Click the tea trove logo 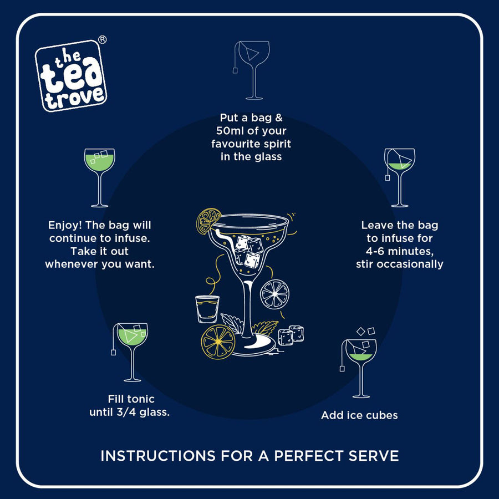[x=70, y=75]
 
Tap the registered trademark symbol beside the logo [x=102, y=39]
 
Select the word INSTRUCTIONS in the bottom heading [x=158, y=456]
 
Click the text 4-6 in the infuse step [x=375, y=251]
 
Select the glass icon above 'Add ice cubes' [x=359, y=363]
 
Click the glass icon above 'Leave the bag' [x=400, y=177]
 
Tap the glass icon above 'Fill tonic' [x=130, y=352]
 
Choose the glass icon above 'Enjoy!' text [x=100, y=177]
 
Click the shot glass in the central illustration [x=207, y=309]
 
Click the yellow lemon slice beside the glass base [x=218, y=342]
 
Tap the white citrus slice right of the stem [x=274, y=294]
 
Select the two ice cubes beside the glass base [x=291, y=335]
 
